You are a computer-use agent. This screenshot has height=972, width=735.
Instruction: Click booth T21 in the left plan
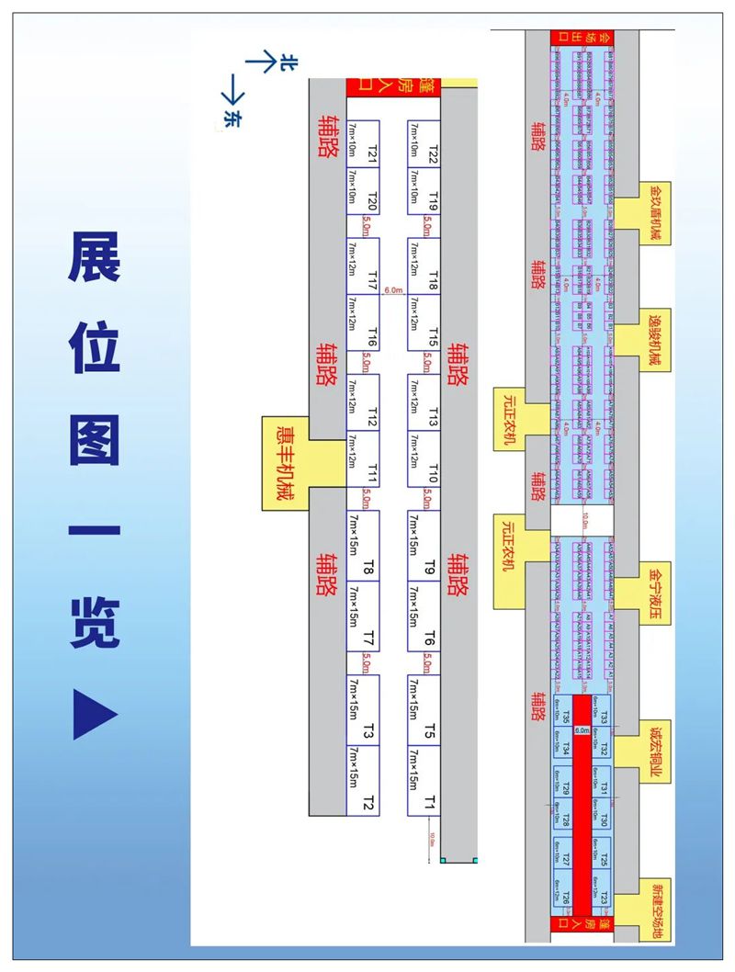coord(363,144)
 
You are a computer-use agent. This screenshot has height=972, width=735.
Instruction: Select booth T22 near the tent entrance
coord(424,144)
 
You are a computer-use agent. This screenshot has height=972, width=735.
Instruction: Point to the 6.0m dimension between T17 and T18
coord(394,290)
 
